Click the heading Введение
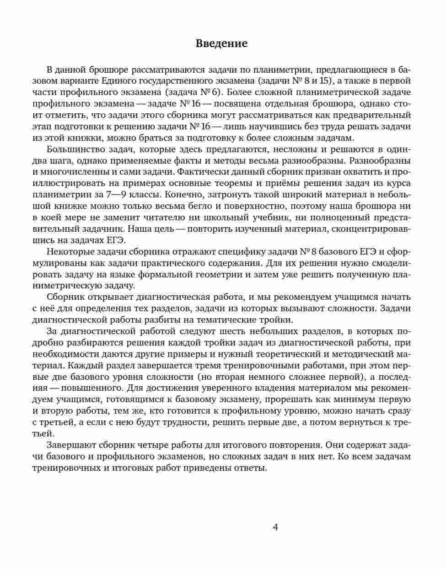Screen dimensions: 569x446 (221, 43)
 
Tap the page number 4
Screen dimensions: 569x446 (275, 527)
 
